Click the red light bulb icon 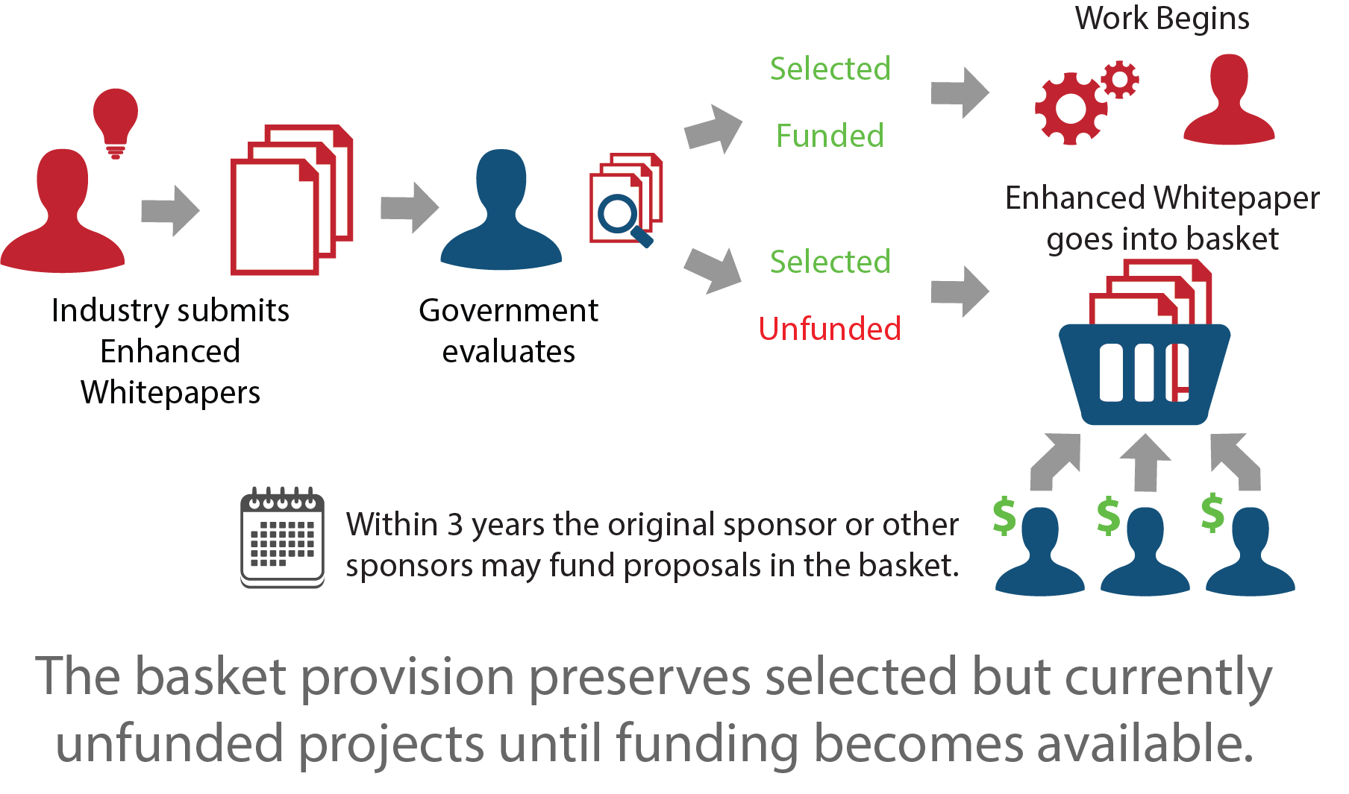coord(116,119)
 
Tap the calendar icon coord(282,538)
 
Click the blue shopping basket coord(1145,373)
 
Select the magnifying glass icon coord(623,218)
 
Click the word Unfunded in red coord(830,329)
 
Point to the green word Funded coord(830,136)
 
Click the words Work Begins coord(1162,19)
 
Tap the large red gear coord(1071,109)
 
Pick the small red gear coord(1120,79)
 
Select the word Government coord(508,310)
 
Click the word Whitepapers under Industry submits coord(170,393)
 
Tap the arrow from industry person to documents coord(171,210)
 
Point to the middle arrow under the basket coord(1145,462)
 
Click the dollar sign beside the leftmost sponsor coord(1004,516)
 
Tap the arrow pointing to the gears coord(960,93)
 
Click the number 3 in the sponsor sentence coord(454,525)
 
